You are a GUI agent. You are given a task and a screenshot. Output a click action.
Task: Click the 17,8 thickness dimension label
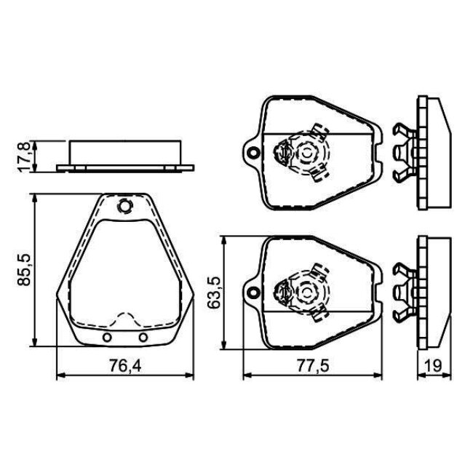(x=25, y=156)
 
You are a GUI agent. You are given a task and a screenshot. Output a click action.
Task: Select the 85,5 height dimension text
(x=25, y=269)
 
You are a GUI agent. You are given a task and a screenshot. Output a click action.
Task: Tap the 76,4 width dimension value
(x=125, y=366)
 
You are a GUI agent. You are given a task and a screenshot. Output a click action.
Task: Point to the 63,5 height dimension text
(x=214, y=293)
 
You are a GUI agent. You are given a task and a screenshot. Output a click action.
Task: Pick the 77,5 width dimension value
(x=313, y=366)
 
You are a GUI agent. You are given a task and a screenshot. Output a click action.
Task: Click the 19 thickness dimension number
(x=434, y=366)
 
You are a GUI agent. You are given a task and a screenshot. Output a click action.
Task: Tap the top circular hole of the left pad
(x=124, y=207)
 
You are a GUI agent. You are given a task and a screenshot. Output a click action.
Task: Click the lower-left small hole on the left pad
(x=107, y=337)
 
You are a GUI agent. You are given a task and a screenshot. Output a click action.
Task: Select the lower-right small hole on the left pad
(x=143, y=337)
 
